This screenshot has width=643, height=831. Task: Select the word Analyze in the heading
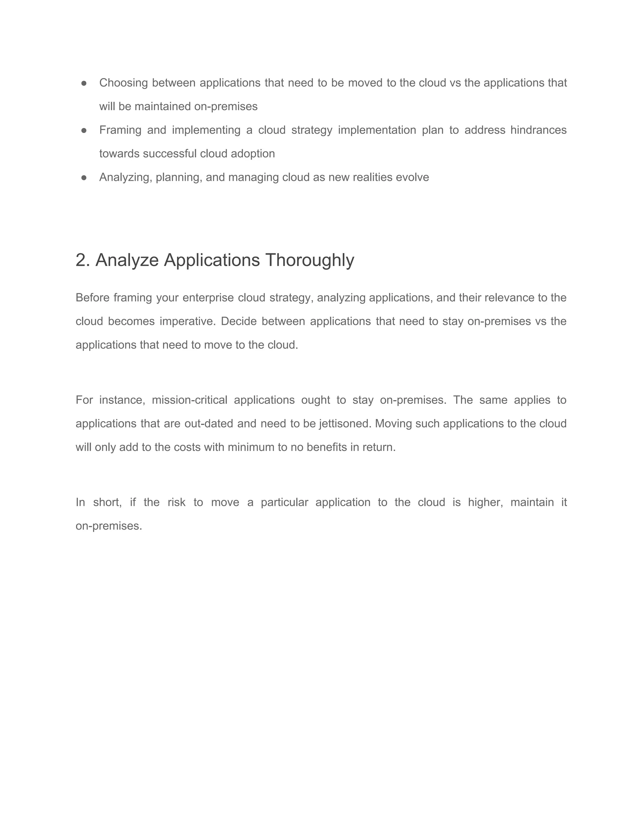pos(127,261)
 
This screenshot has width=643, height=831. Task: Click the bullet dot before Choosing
pos(84,83)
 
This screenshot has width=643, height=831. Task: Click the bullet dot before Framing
pos(84,130)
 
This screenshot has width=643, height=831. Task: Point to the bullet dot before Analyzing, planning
pos(84,177)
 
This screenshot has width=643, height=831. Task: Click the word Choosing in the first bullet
pos(123,83)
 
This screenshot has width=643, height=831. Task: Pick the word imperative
pos(187,321)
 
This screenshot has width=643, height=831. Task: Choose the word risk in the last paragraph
pos(176,502)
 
